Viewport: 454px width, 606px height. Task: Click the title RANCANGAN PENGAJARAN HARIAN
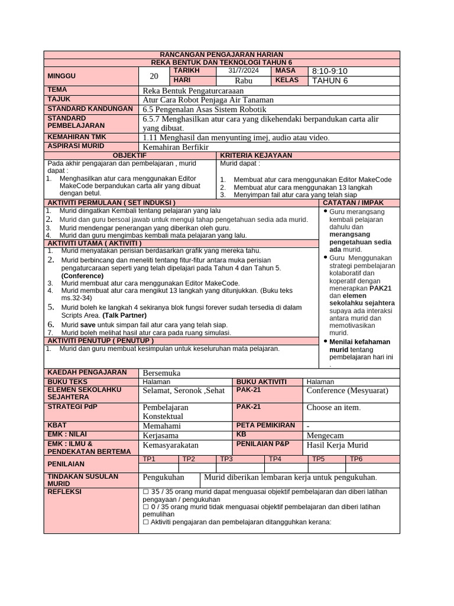pos(222,54)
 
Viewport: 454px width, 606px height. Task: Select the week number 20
pos(154,76)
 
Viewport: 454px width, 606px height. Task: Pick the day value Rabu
pos(243,80)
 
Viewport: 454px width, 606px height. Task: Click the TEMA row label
pos(57,90)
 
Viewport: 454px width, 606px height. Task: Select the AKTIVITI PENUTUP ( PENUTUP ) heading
pos(100,341)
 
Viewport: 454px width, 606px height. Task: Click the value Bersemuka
pos(162,373)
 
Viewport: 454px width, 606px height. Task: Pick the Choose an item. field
pos(333,408)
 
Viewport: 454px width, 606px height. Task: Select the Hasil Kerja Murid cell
pos(337,445)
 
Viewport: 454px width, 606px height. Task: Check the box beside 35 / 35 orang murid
pos(146,492)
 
